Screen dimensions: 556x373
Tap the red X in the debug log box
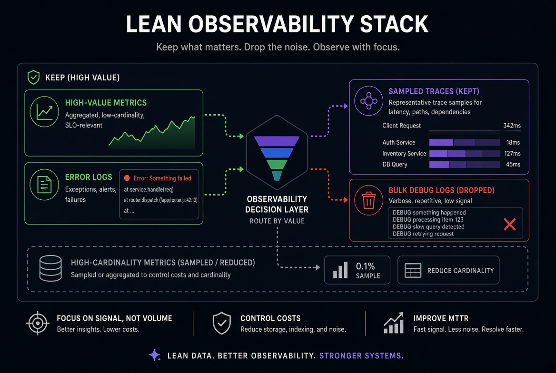[509, 224]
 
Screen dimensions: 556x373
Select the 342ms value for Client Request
[512, 126]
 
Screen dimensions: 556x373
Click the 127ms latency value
[512, 154]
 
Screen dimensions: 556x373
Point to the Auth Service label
[398, 143]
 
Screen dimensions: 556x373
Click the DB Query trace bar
[465, 165]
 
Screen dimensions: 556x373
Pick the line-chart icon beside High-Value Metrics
[44, 112]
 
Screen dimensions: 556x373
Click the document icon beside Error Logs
[44, 185]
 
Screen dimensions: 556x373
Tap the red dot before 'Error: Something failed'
[127, 178]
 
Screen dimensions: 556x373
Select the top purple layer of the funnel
[277, 141]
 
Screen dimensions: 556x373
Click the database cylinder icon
[50, 268]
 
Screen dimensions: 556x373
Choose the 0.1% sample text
[367, 271]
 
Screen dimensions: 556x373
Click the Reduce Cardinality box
[448, 270]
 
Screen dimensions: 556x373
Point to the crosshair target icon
[38, 323]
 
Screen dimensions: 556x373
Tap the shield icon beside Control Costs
[222, 323]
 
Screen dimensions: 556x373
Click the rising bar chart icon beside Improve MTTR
[394, 323]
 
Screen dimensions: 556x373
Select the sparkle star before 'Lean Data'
[155, 355]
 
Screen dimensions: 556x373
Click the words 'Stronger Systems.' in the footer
[361, 355]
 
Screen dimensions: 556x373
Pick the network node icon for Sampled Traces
[369, 101]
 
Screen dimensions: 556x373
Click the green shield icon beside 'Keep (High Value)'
[34, 77]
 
